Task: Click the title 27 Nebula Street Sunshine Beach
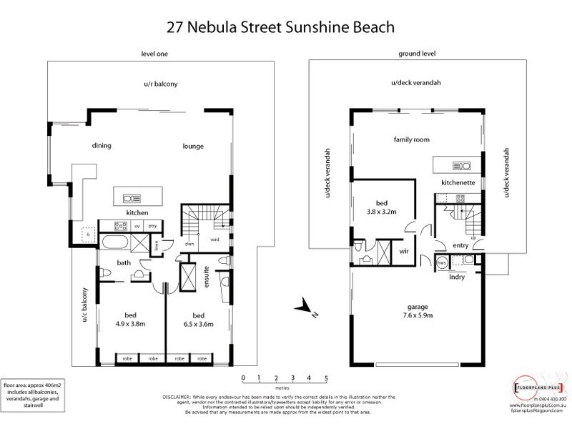click(286, 26)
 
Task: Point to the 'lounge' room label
click(193, 146)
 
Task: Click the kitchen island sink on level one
click(132, 197)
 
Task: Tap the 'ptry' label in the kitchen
click(152, 226)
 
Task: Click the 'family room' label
click(412, 140)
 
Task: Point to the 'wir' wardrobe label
click(403, 252)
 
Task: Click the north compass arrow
click(307, 308)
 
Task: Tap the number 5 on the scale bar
click(326, 377)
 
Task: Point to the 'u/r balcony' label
click(160, 84)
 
